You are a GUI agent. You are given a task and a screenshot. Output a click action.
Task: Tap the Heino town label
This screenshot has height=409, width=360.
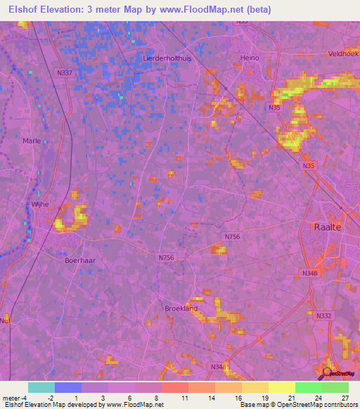250,58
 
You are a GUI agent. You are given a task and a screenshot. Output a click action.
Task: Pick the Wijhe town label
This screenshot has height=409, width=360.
38,204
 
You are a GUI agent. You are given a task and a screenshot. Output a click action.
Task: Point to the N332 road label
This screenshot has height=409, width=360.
323,316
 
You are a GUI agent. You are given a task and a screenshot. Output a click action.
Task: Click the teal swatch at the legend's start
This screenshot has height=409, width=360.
41,387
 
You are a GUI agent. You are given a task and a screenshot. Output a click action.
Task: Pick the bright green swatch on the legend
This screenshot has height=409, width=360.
308,387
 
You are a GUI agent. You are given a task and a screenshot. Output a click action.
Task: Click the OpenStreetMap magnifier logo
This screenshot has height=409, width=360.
327,372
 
